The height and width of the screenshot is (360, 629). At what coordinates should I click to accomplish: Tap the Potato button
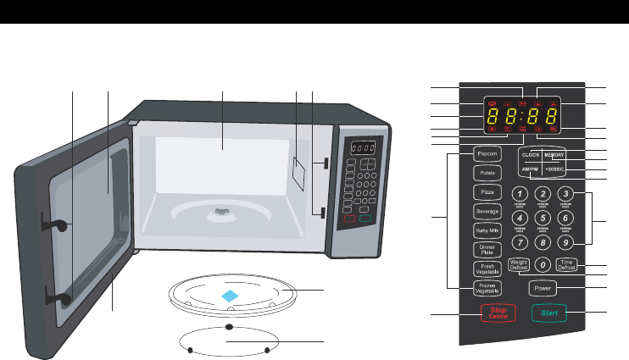[x=486, y=173]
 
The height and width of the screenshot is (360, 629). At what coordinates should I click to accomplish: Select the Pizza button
[x=486, y=192]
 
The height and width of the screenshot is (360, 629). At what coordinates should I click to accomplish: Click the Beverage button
[x=486, y=211]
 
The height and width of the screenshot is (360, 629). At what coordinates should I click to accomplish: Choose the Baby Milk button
[x=486, y=230]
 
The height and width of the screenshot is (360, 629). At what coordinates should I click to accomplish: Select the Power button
[x=543, y=288]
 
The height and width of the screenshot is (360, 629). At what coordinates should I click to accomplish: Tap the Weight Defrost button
[x=519, y=265]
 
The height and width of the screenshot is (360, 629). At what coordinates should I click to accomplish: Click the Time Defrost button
[x=566, y=265]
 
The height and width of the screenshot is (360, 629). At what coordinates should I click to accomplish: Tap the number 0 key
[x=543, y=264]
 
